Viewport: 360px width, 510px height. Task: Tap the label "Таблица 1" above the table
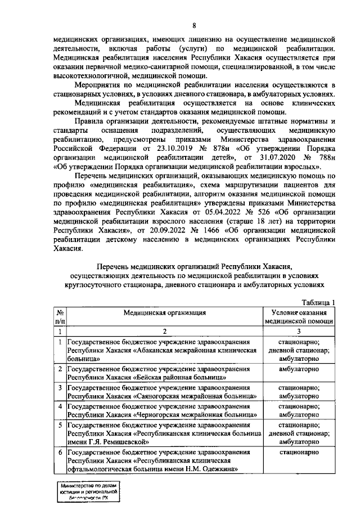point(319,302)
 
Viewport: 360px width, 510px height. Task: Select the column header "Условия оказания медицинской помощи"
point(299,316)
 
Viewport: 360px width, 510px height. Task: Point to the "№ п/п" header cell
point(60,316)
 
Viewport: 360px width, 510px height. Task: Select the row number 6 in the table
point(60,451)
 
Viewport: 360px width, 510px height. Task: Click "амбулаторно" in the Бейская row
point(299,369)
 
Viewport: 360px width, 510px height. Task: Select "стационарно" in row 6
point(299,451)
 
